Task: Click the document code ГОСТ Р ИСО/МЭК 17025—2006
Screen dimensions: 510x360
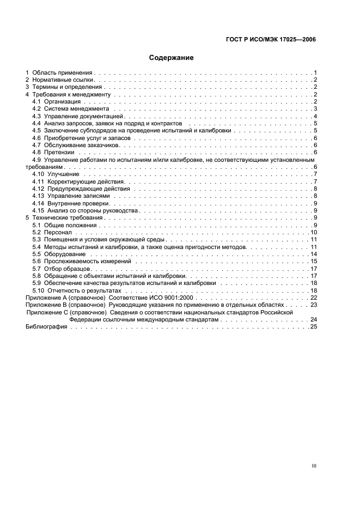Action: click(271, 39)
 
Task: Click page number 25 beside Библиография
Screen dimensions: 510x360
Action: click(313, 326)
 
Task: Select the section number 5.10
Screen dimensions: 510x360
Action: click(38, 290)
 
